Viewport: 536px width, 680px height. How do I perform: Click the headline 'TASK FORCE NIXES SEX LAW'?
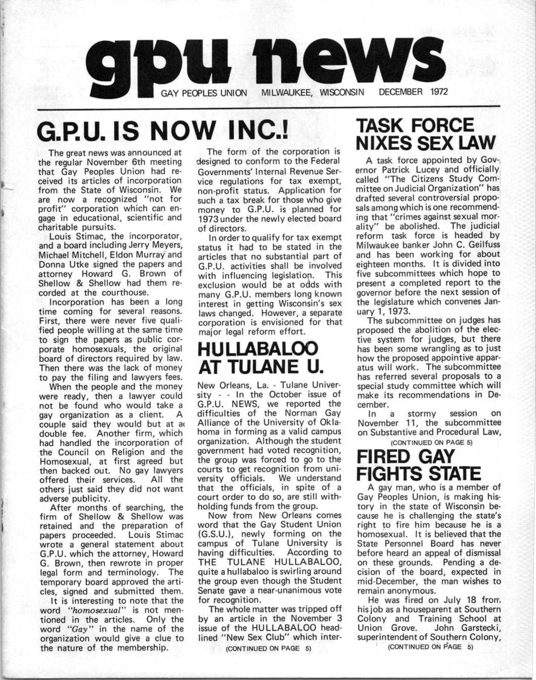pos(425,133)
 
